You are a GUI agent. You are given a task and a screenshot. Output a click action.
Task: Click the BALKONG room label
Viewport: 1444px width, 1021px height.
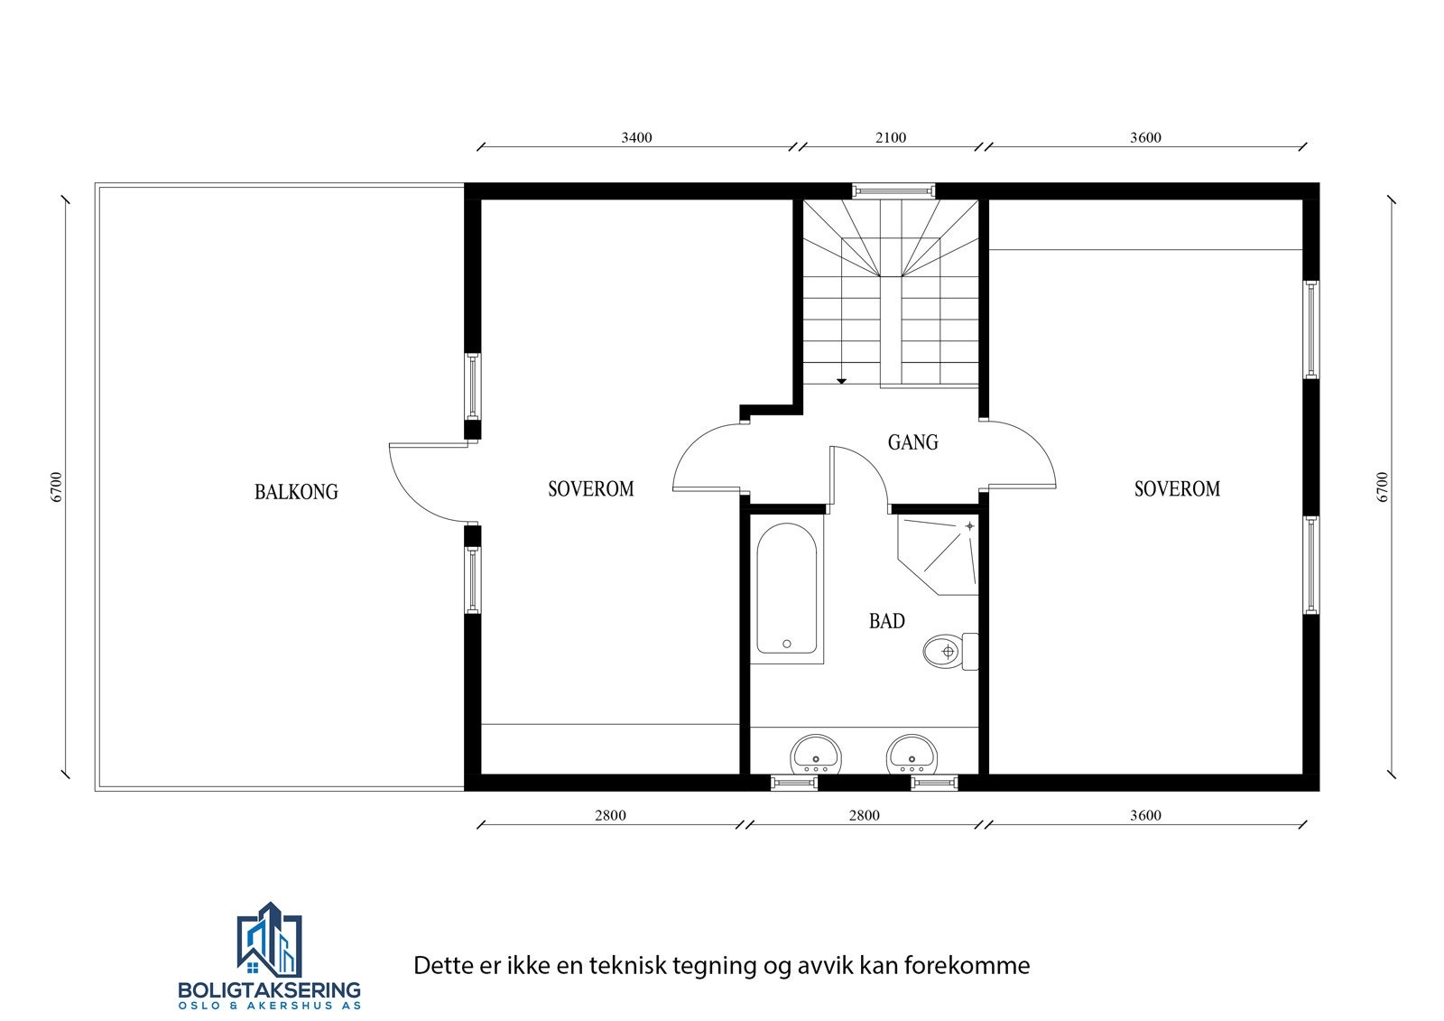296,492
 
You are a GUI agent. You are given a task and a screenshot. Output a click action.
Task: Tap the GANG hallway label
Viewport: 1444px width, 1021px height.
912,442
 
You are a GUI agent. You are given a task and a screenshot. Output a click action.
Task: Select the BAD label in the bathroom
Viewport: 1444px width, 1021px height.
886,621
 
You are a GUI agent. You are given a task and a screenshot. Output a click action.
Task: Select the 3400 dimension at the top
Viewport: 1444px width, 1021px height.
636,138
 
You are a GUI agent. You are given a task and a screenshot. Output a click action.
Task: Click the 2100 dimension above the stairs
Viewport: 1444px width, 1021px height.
890,138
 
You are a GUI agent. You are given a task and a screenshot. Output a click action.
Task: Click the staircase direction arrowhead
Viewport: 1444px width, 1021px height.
841,381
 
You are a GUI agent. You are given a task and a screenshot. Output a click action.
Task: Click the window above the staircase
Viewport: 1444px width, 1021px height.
893,190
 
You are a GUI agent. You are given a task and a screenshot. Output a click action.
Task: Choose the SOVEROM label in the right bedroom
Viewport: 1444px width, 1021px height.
1177,488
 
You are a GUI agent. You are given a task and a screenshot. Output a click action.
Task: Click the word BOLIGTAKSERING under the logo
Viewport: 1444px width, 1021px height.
269,989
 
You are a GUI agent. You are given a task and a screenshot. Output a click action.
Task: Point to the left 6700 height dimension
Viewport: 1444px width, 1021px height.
57,487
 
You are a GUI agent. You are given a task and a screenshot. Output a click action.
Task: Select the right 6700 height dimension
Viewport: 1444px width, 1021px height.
1382,487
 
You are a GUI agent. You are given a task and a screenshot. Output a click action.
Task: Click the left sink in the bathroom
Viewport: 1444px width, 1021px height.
816,754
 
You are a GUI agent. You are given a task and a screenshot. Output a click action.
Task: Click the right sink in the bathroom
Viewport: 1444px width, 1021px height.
912,754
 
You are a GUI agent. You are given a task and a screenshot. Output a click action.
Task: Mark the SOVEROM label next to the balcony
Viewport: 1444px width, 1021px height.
591,488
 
